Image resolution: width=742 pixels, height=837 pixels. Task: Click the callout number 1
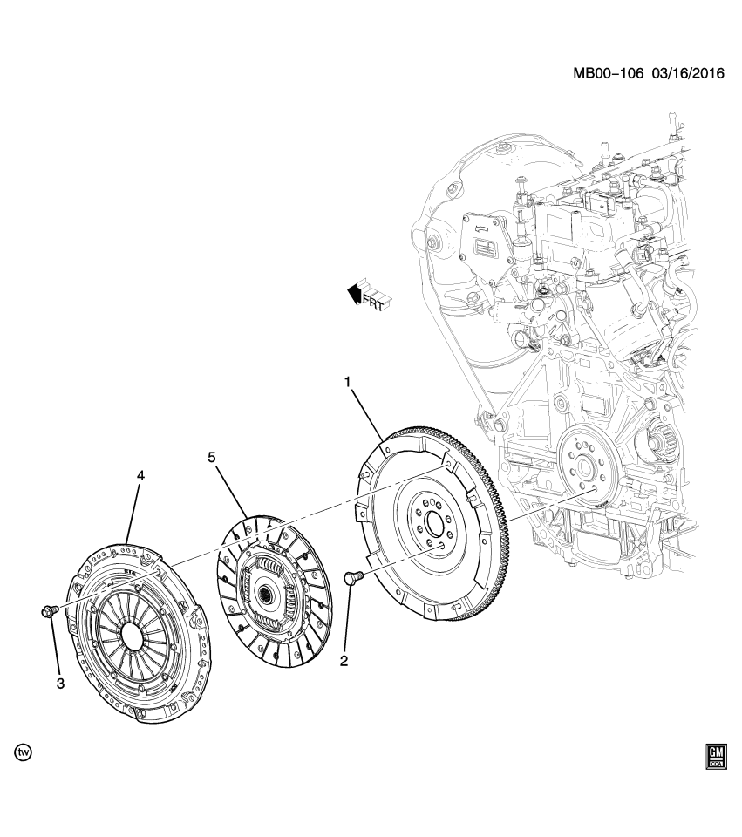pos(347,382)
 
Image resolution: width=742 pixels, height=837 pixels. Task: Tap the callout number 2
pos(344,661)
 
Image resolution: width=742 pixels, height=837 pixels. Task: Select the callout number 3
pos(60,684)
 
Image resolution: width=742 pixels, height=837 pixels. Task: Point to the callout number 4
pos(140,476)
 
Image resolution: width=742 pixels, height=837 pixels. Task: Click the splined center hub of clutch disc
pos(263,595)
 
